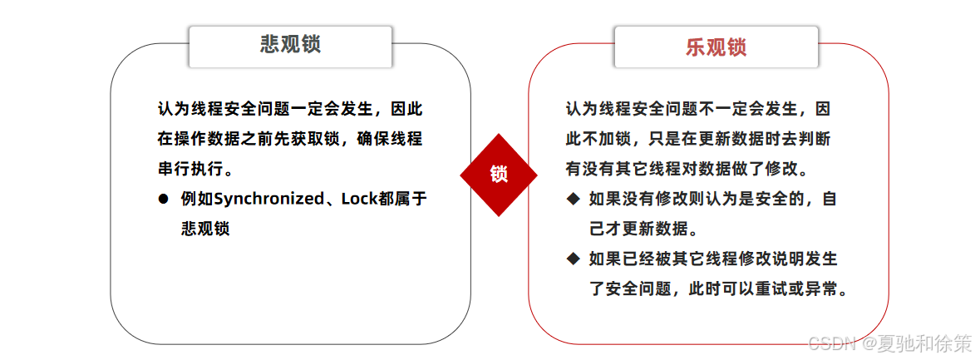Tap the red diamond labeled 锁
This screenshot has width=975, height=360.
pyautogui.click(x=499, y=175)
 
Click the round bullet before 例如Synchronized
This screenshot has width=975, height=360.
pyautogui.click(x=164, y=199)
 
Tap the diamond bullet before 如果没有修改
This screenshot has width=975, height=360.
pyautogui.click(x=573, y=199)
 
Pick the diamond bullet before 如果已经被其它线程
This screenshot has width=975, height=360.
pyautogui.click(x=573, y=259)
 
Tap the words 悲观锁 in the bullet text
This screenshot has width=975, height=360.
pyautogui.click(x=204, y=229)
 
